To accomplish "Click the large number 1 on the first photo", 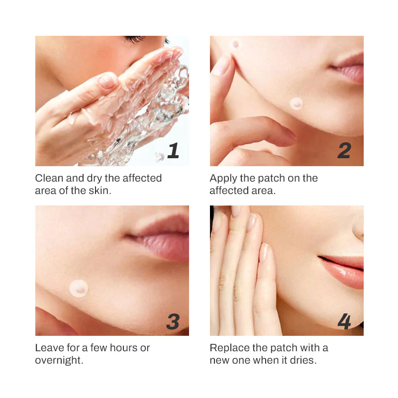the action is point(173,150).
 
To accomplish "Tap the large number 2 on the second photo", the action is point(344,151).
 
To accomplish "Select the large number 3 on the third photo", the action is point(173,321).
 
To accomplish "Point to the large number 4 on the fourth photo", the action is point(344,321).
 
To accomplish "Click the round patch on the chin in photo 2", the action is point(296,103).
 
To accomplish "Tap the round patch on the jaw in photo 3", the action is point(79,289).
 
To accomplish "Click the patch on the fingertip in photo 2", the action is point(235,44).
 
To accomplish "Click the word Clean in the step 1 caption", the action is point(49,178).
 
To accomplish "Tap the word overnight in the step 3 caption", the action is point(59,360).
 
